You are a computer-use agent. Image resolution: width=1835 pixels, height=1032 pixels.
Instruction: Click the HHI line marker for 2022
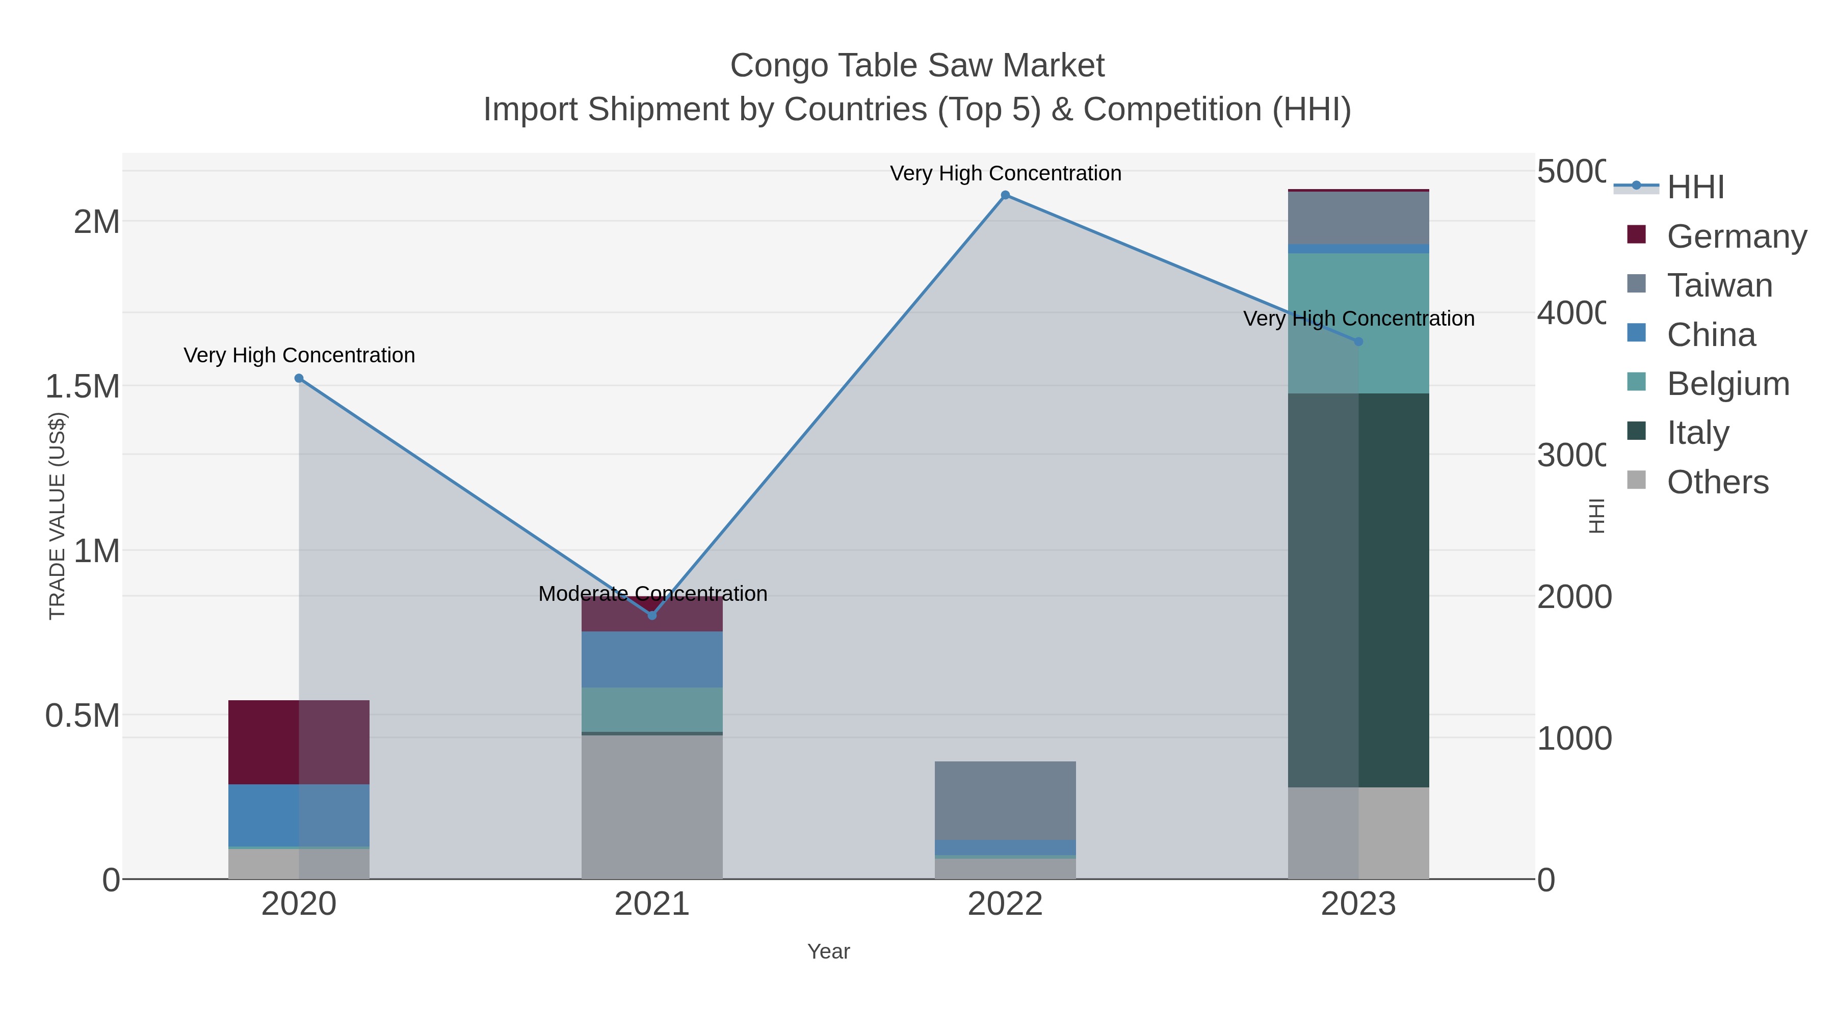(x=1005, y=195)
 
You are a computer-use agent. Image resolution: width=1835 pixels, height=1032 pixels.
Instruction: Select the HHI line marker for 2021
(x=652, y=615)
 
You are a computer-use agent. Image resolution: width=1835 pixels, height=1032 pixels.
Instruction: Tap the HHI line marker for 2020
(x=299, y=379)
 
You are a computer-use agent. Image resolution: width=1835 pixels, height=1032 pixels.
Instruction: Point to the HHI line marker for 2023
(x=1358, y=342)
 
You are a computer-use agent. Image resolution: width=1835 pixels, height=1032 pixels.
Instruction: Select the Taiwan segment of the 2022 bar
(x=1005, y=801)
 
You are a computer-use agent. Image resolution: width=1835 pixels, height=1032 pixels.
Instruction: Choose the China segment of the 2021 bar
(x=652, y=659)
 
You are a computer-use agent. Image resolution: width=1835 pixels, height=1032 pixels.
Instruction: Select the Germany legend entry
(x=1736, y=236)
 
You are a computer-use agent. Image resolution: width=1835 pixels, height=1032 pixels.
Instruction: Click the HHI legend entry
(x=1695, y=188)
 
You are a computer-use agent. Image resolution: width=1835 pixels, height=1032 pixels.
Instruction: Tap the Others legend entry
(x=1717, y=482)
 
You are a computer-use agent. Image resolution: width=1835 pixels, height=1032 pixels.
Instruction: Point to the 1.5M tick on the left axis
(x=83, y=387)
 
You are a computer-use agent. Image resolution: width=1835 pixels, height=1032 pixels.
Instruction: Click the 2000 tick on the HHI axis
(x=1574, y=597)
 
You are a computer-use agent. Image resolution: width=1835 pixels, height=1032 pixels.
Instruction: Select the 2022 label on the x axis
(x=1005, y=905)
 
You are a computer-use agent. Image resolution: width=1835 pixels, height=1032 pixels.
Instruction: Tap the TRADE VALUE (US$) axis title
(x=58, y=516)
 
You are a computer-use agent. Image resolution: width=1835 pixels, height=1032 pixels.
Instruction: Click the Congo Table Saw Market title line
(x=917, y=66)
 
